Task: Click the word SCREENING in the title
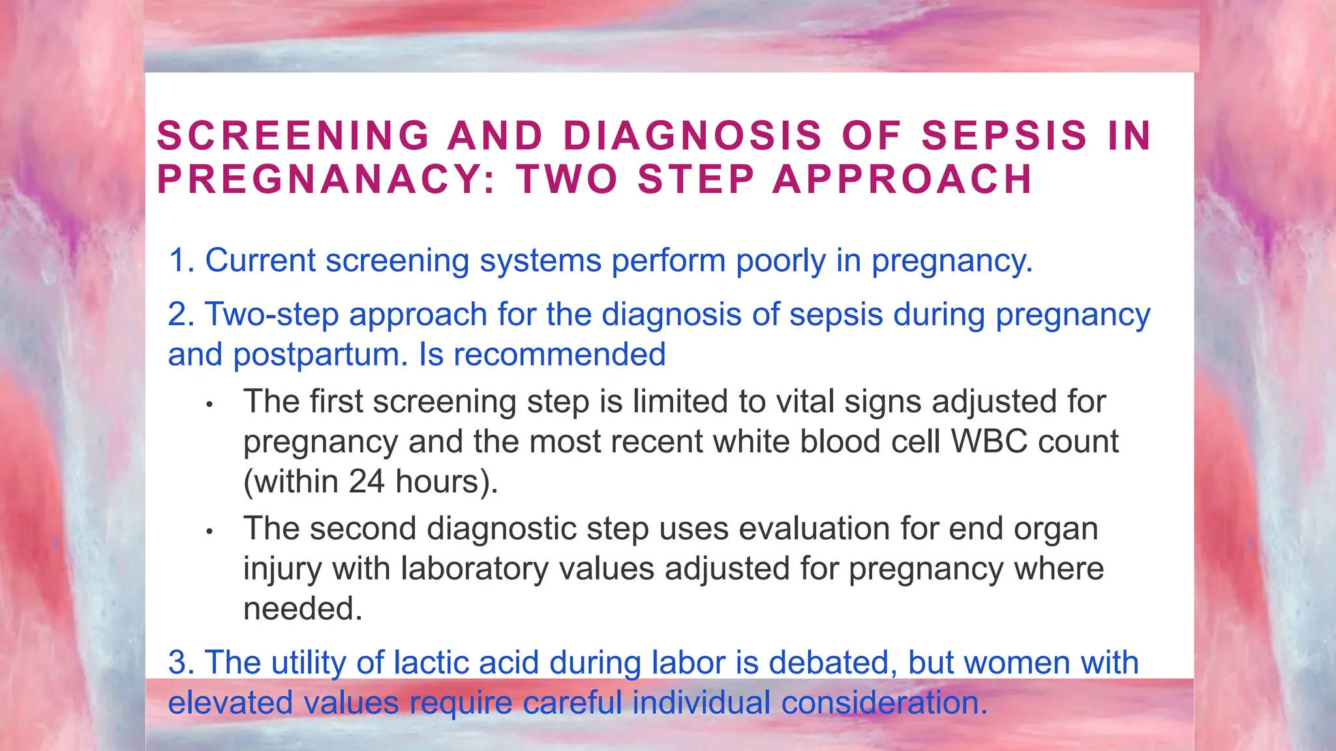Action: coord(293,136)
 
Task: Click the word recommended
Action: coord(559,355)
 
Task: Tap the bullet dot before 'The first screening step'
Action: coord(209,405)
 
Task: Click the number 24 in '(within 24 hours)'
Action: coord(367,482)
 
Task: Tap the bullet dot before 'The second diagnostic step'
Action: coord(209,532)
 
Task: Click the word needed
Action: coord(303,609)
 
